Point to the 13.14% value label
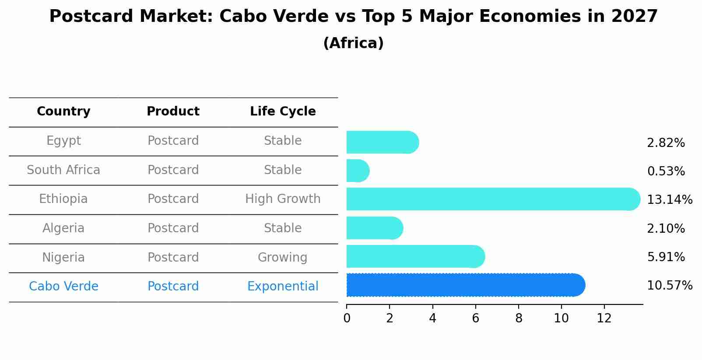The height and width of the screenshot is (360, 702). point(669,200)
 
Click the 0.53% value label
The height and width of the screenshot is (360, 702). point(666,171)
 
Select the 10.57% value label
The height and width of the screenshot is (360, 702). point(669,286)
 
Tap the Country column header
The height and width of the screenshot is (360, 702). point(63,112)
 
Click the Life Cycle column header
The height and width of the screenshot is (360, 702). point(283,112)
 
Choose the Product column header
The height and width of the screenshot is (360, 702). point(173,112)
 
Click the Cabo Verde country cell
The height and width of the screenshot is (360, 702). point(63,287)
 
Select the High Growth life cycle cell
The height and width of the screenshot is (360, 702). point(283,199)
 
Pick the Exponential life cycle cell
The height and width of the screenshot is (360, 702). point(283,287)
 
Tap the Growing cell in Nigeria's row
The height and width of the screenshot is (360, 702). point(282,257)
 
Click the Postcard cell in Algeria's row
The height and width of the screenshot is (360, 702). point(173,228)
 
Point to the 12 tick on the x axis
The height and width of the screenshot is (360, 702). point(604,318)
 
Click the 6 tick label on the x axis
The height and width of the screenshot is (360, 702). point(475,318)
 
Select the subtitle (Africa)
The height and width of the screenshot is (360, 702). point(353,43)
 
